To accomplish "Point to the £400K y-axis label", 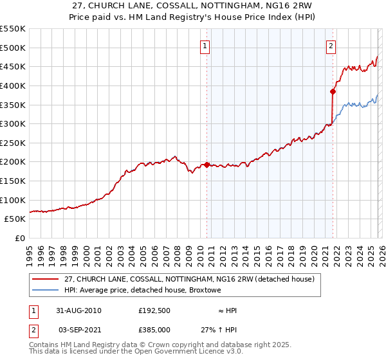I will [14, 85].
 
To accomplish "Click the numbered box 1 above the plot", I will [205, 46].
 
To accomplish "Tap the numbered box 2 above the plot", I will [331, 46].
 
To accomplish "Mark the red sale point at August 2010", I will [207, 165].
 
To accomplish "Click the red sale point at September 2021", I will [333, 91].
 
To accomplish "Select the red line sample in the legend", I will [45, 279].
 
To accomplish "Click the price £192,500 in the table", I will [154, 310].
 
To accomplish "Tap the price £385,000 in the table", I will [154, 328].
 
